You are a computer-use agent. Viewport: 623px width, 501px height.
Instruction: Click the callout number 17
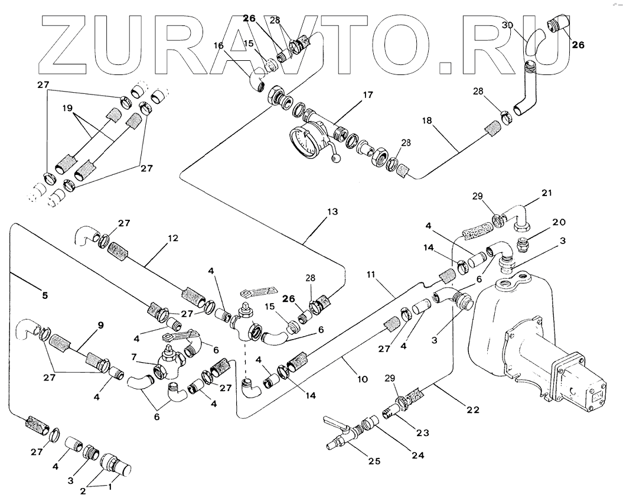pyautogui.click(x=368, y=94)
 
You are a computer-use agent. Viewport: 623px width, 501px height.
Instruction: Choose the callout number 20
pyautogui.click(x=558, y=222)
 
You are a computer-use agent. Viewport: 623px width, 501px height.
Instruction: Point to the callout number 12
pyautogui.click(x=172, y=239)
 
